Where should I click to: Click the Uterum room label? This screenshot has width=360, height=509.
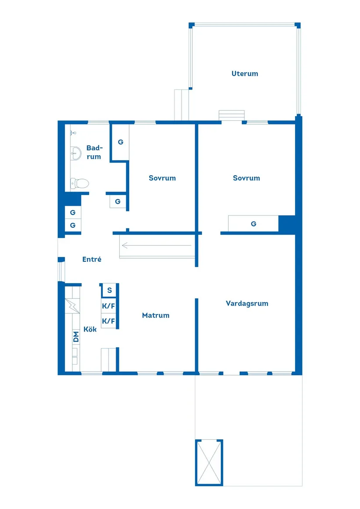[244, 74]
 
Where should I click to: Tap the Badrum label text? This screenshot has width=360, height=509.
[94, 152]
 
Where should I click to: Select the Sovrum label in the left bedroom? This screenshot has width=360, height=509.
[162, 178]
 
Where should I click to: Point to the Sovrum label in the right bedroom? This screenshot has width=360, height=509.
[246, 178]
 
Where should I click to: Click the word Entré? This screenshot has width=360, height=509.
[92, 259]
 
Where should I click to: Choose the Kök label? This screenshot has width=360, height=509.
[90, 329]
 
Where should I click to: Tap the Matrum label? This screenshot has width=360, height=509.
[155, 315]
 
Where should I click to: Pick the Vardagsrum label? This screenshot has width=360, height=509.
[247, 303]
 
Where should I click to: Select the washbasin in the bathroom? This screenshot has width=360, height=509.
[76, 153]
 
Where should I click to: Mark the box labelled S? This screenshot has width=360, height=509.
[109, 290]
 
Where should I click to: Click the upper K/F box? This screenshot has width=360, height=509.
[109, 306]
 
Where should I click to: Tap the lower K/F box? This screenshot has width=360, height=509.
[109, 321]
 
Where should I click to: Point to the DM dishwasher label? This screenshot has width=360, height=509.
[76, 336]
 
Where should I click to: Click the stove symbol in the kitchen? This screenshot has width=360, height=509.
[73, 305]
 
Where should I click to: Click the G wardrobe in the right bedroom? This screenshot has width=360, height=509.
[253, 224]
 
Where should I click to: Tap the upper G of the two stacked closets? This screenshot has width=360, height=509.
[73, 212]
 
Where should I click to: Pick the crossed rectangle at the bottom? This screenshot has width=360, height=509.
[209, 462]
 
